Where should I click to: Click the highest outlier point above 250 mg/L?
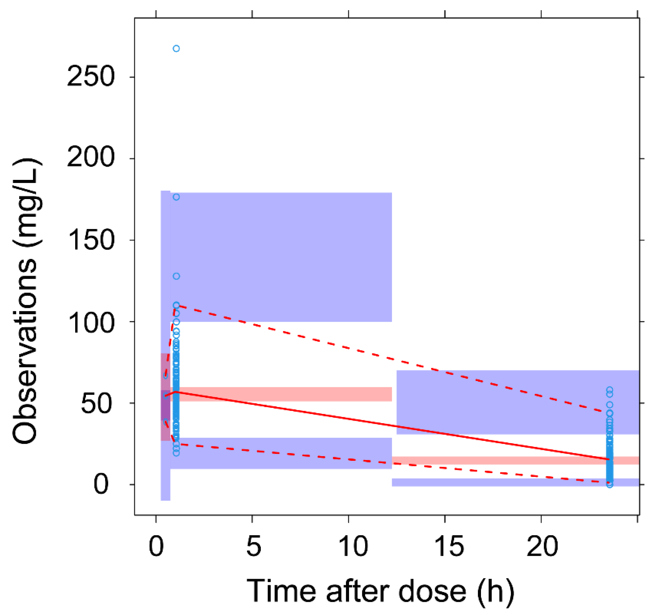(176, 49)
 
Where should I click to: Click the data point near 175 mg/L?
(176, 197)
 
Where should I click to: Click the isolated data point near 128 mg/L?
(176, 276)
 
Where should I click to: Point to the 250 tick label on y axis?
(90, 77)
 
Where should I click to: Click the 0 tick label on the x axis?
(156, 546)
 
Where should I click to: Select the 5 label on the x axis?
(253, 546)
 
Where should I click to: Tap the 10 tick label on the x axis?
(353, 546)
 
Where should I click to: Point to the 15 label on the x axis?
(448, 546)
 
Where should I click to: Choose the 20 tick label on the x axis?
(542, 546)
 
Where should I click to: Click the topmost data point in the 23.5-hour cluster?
(610, 390)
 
